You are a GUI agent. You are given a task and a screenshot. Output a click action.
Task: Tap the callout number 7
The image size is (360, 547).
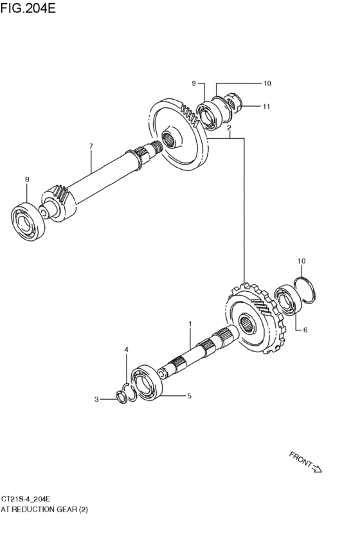coord(91,147)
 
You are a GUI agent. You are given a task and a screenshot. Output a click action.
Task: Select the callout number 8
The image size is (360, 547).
coord(26,179)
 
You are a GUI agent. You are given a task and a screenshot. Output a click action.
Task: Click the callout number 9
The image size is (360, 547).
coord(192,84)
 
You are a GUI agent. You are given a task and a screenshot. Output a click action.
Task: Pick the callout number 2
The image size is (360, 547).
coord(229,128)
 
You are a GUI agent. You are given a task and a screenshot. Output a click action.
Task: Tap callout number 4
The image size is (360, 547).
coord(126,349)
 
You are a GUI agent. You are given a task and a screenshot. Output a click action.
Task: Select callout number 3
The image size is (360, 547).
coord(97,399)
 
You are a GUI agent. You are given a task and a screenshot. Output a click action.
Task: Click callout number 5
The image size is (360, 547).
coord(189,397)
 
